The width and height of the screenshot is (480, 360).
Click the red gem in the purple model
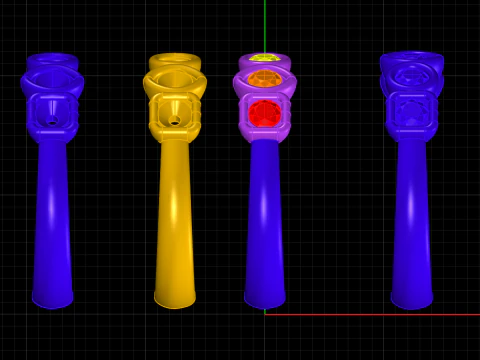point(264,113)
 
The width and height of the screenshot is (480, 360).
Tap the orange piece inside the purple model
point(264,78)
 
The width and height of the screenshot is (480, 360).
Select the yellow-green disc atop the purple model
point(264,58)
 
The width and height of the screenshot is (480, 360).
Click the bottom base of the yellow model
point(175,297)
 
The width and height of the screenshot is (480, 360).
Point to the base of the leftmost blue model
point(53,297)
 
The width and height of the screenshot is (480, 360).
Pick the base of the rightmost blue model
point(411,298)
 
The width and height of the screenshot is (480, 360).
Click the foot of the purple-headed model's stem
point(265,297)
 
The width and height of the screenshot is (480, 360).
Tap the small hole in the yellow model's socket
point(175,121)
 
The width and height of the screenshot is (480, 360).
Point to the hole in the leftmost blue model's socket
point(52,121)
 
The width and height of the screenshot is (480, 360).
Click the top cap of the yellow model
point(175,60)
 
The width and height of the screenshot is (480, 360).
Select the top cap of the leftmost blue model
point(52,60)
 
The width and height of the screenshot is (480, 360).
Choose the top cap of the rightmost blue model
point(411,59)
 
